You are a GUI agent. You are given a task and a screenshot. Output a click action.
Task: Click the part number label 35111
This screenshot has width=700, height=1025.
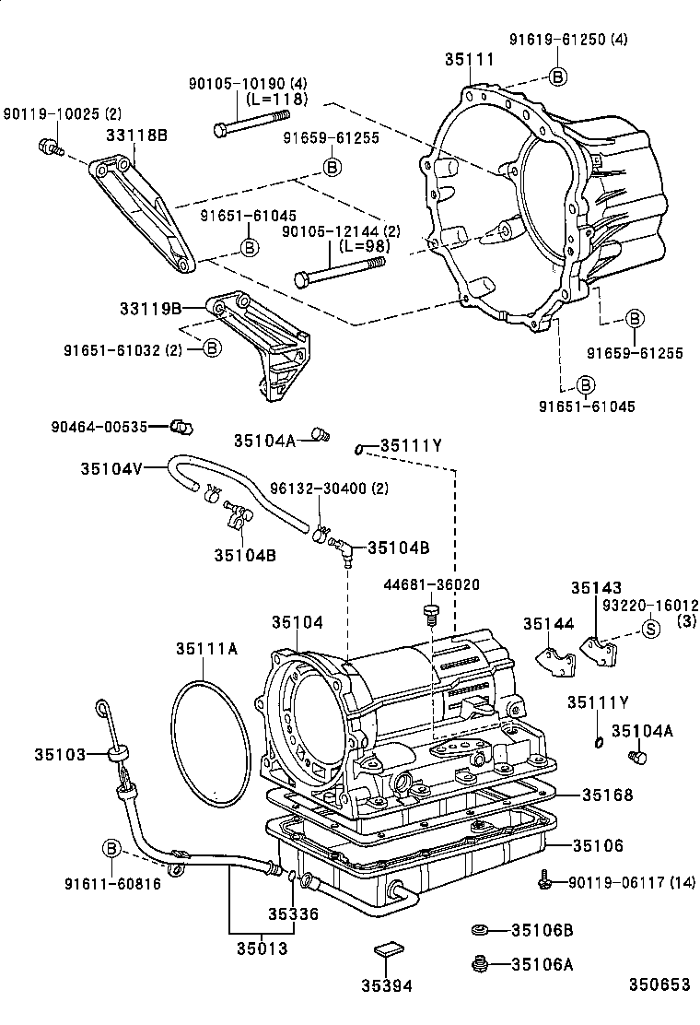[470, 60]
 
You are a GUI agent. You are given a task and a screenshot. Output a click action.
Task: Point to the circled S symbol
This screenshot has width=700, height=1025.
[650, 630]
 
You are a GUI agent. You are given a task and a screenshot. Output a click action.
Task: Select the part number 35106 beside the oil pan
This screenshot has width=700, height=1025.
[598, 844]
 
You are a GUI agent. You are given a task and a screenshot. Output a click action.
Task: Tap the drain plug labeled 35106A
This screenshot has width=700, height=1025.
[479, 964]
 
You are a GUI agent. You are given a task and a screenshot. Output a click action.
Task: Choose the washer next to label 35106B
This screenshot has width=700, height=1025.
[479, 930]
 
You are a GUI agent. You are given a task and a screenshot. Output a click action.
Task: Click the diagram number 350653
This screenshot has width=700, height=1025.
[659, 984]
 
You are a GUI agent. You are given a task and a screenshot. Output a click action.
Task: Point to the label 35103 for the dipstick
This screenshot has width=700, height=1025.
[60, 754]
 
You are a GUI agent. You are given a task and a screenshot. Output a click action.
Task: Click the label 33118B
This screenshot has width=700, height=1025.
[137, 135]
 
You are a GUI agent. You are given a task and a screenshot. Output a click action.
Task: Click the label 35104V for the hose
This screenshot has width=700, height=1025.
[111, 467]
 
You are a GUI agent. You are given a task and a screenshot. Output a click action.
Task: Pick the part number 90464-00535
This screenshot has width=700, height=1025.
[99, 426]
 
